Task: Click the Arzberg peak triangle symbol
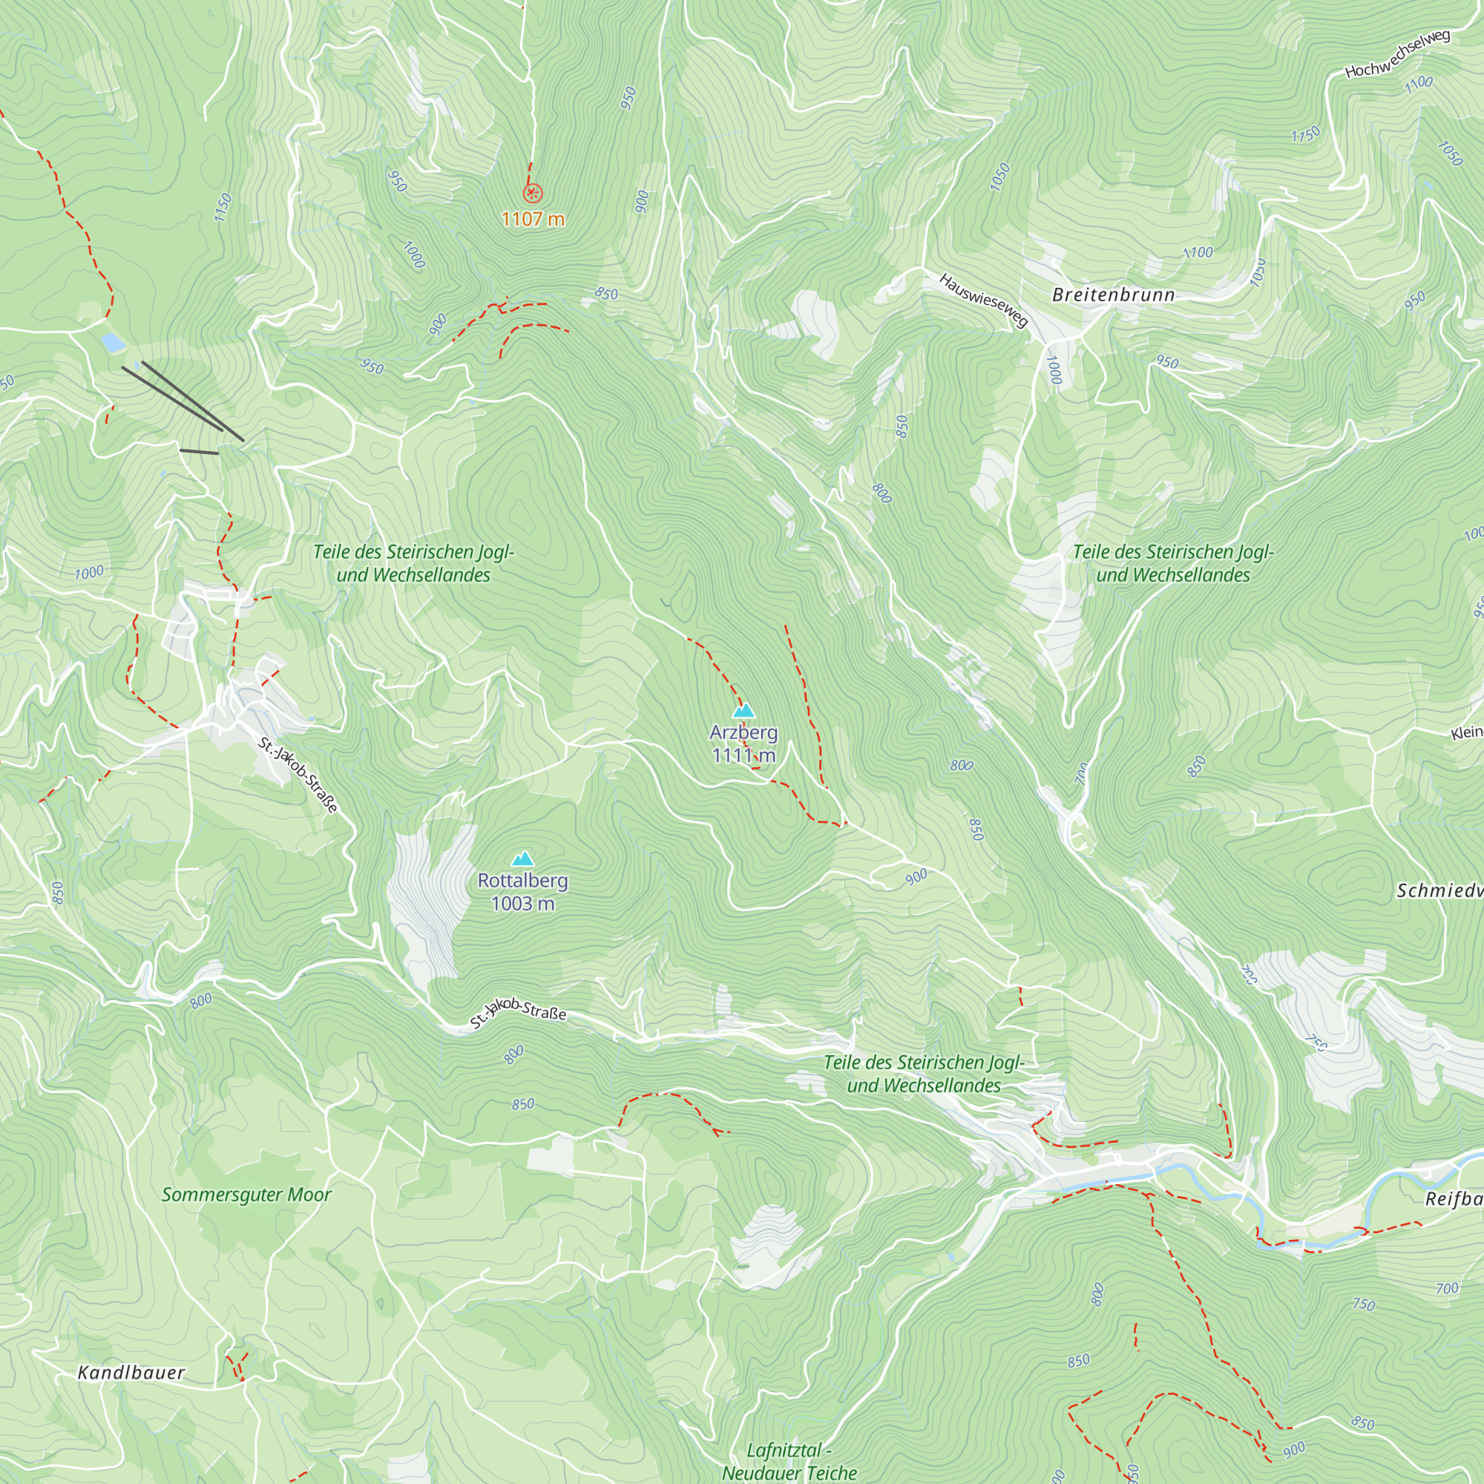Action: pyautogui.click(x=743, y=711)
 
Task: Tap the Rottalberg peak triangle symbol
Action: pyautogui.click(x=523, y=858)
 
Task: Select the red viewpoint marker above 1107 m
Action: pyautogui.click(x=532, y=193)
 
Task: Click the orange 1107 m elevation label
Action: pyautogui.click(x=533, y=220)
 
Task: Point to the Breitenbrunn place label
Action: pyautogui.click(x=1113, y=295)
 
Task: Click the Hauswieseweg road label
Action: pyautogui.click(x=983, y=301)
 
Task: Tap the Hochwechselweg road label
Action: pyautogui.click(x=1397, y=53)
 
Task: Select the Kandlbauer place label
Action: pyautogui.click(x=131, y=1373)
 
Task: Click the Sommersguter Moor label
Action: pyautogui.click(x=246, y=1195)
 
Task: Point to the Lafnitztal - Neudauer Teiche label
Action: pyautogui.click(x=789, y=1461)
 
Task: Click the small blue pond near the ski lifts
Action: pyautogui.click(x=112, y=341)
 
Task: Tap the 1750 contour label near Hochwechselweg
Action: pyautogui.click(x=1305, y=134)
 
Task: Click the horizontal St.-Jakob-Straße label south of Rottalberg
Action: pyautogui.click(x=519, y=1013)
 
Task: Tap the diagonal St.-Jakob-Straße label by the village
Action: pyautogui.click(x=298, y=774)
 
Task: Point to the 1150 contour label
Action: pyautogui.click(x=223, y=208)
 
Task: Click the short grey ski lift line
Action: pyautogui.click(x=199, y=452)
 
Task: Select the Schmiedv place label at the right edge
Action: pyautogui.click(x=1439, y=891)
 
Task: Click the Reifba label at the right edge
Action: pyautogui.click(x=1453, y=1199)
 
